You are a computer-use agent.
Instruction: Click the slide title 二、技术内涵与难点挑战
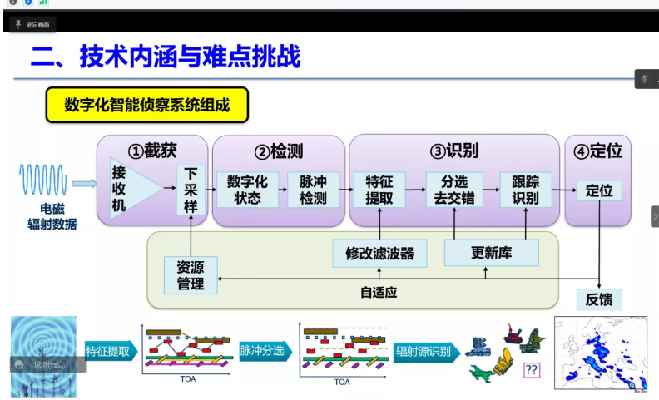[166, 57]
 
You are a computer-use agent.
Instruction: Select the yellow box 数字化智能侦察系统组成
[147, 105]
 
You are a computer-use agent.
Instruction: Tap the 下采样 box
[191, 190]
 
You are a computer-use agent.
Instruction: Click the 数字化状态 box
[244, 190]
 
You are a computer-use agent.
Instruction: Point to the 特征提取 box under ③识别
[379, 190]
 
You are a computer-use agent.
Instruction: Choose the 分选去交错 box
[453, 190]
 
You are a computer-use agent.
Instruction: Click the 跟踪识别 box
[525, 190]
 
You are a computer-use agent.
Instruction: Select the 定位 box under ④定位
[599, 190]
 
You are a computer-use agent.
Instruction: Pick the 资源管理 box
[191, 275]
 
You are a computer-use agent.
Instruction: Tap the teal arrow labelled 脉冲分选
[263, 350]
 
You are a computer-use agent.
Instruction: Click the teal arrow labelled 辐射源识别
[423, 351]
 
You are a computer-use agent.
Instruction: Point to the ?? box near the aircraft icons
[531, 370]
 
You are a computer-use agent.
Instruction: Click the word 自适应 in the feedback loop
[379, 293]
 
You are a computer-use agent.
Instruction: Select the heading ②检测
[279, 151]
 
